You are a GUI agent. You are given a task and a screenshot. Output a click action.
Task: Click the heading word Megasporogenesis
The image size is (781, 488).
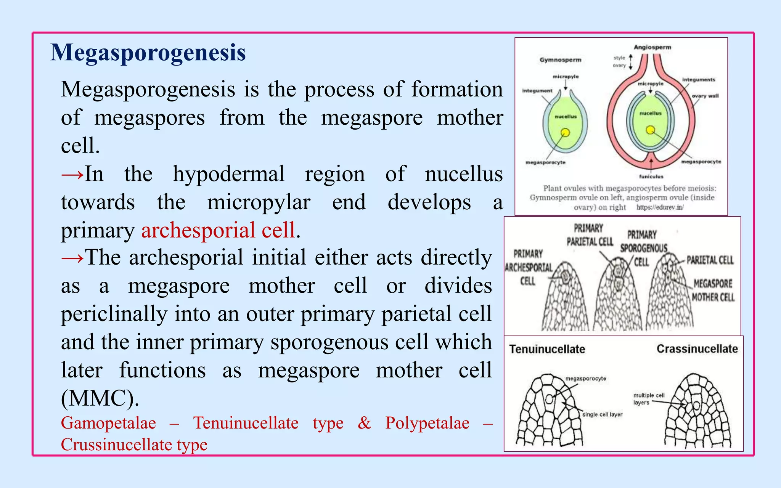pos(148,53)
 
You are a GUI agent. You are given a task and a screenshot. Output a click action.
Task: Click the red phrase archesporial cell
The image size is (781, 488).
pos(218,230)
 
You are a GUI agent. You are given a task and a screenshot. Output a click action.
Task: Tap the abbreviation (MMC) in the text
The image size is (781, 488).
pos(100,398)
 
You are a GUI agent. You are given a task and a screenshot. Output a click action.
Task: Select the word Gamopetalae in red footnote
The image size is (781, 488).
pos(108,423)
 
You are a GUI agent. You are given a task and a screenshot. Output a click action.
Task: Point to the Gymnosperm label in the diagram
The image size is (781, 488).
pos(560,60)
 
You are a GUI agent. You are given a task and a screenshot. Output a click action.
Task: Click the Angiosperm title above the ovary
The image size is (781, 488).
pos(652,47)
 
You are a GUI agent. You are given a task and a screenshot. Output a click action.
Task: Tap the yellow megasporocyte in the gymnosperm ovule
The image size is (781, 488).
pos(565,132)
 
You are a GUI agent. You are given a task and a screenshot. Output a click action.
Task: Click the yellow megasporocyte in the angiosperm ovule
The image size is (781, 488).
pos(650,130)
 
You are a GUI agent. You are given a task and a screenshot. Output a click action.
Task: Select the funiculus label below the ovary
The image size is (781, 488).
pos(651,177)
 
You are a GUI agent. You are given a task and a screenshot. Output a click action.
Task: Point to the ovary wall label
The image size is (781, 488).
pos(705,96)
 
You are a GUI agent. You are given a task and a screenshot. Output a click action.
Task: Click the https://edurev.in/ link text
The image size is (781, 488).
pos(660,207)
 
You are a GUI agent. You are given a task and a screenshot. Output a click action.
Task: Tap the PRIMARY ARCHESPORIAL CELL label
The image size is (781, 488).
pos(528,267)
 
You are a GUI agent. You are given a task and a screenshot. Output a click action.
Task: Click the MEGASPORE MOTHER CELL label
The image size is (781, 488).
pos(712,290)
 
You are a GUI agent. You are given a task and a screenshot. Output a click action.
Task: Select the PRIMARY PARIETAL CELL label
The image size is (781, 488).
pos(589,235)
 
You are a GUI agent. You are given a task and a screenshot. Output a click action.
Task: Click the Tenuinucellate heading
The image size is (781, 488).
pos(547,349)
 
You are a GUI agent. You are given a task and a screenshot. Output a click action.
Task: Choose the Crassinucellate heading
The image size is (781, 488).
pos(697,349)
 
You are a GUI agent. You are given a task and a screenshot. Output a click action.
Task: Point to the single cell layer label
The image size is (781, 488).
pos(602,414)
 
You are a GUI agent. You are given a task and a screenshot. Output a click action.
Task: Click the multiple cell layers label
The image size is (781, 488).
pos(648,399)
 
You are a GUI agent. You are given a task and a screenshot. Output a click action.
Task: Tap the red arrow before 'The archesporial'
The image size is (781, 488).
pos(72,258)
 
